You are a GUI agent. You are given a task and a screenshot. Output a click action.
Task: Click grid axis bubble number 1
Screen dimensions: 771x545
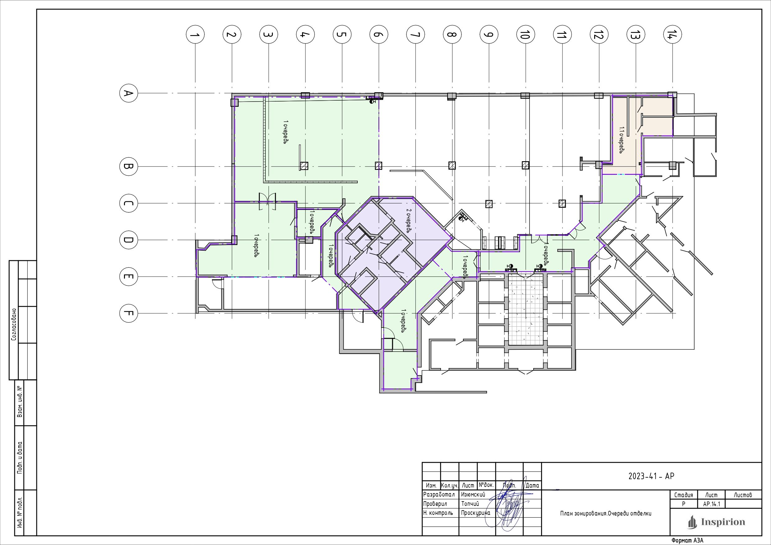tap(195, 34)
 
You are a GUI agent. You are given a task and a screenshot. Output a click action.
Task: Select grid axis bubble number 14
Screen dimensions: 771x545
tap(672, 34)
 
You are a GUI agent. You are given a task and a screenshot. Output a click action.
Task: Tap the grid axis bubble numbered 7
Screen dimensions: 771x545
tap(416, 34)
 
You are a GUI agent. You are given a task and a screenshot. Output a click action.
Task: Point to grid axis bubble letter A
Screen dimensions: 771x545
tap(129, 93)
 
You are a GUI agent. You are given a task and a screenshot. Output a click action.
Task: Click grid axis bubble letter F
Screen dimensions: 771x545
tap(129, 313)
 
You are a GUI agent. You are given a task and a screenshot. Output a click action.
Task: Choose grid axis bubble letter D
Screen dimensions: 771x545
tap(129, 240)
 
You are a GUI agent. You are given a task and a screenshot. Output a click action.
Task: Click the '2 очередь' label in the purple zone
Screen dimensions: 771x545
tap(409, 220)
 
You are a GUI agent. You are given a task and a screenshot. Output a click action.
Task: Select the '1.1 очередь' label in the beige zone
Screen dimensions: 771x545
tap(621, 140)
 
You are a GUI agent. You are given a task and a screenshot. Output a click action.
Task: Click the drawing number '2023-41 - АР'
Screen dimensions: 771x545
tap(651, 476)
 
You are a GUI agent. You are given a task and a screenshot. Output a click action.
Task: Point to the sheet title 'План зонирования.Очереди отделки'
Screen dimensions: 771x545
tap(606, 513)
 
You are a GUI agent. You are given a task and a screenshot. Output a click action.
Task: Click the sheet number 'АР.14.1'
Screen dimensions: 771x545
tap(712, 504)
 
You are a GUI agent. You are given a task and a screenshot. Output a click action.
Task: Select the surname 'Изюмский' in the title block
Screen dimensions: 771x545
tap(473, 495)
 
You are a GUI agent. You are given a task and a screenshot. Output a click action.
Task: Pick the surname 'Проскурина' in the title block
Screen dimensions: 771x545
tap(475, 513)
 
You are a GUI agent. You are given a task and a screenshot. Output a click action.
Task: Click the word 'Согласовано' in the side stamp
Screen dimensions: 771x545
tap(14, 325)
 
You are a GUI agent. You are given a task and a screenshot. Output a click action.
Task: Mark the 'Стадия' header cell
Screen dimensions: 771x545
tap(684, 495)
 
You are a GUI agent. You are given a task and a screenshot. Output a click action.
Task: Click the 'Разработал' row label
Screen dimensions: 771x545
tap(439, 495)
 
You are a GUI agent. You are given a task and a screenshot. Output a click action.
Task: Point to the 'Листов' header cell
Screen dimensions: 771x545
tap(743, 495)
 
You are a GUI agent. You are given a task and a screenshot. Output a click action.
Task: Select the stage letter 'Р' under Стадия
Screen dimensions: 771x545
tap(684, 504)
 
